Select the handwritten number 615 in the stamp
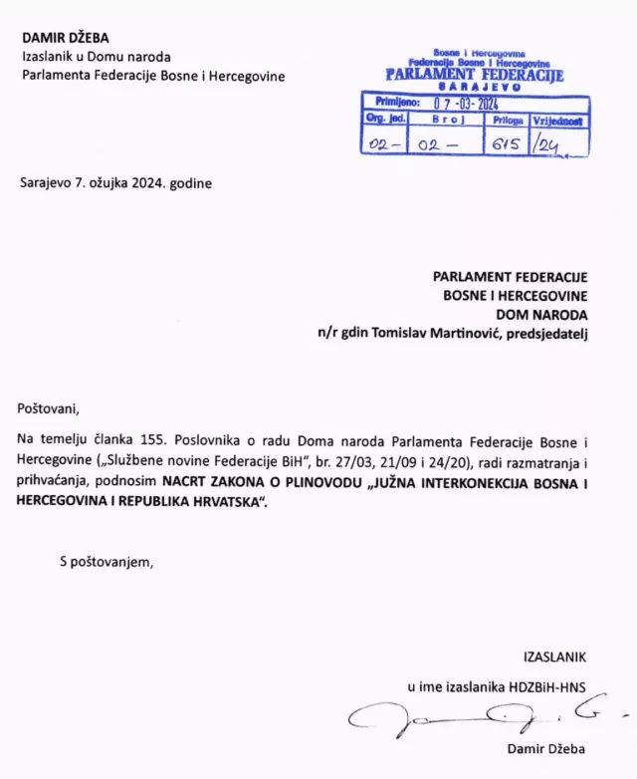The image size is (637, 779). click(506, 142)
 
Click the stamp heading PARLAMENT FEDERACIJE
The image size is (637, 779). click(474, 75)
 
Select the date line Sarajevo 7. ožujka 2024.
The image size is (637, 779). click(115, 183)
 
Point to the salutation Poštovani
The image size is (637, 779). click(47, 408)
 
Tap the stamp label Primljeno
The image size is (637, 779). click(396, 102)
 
